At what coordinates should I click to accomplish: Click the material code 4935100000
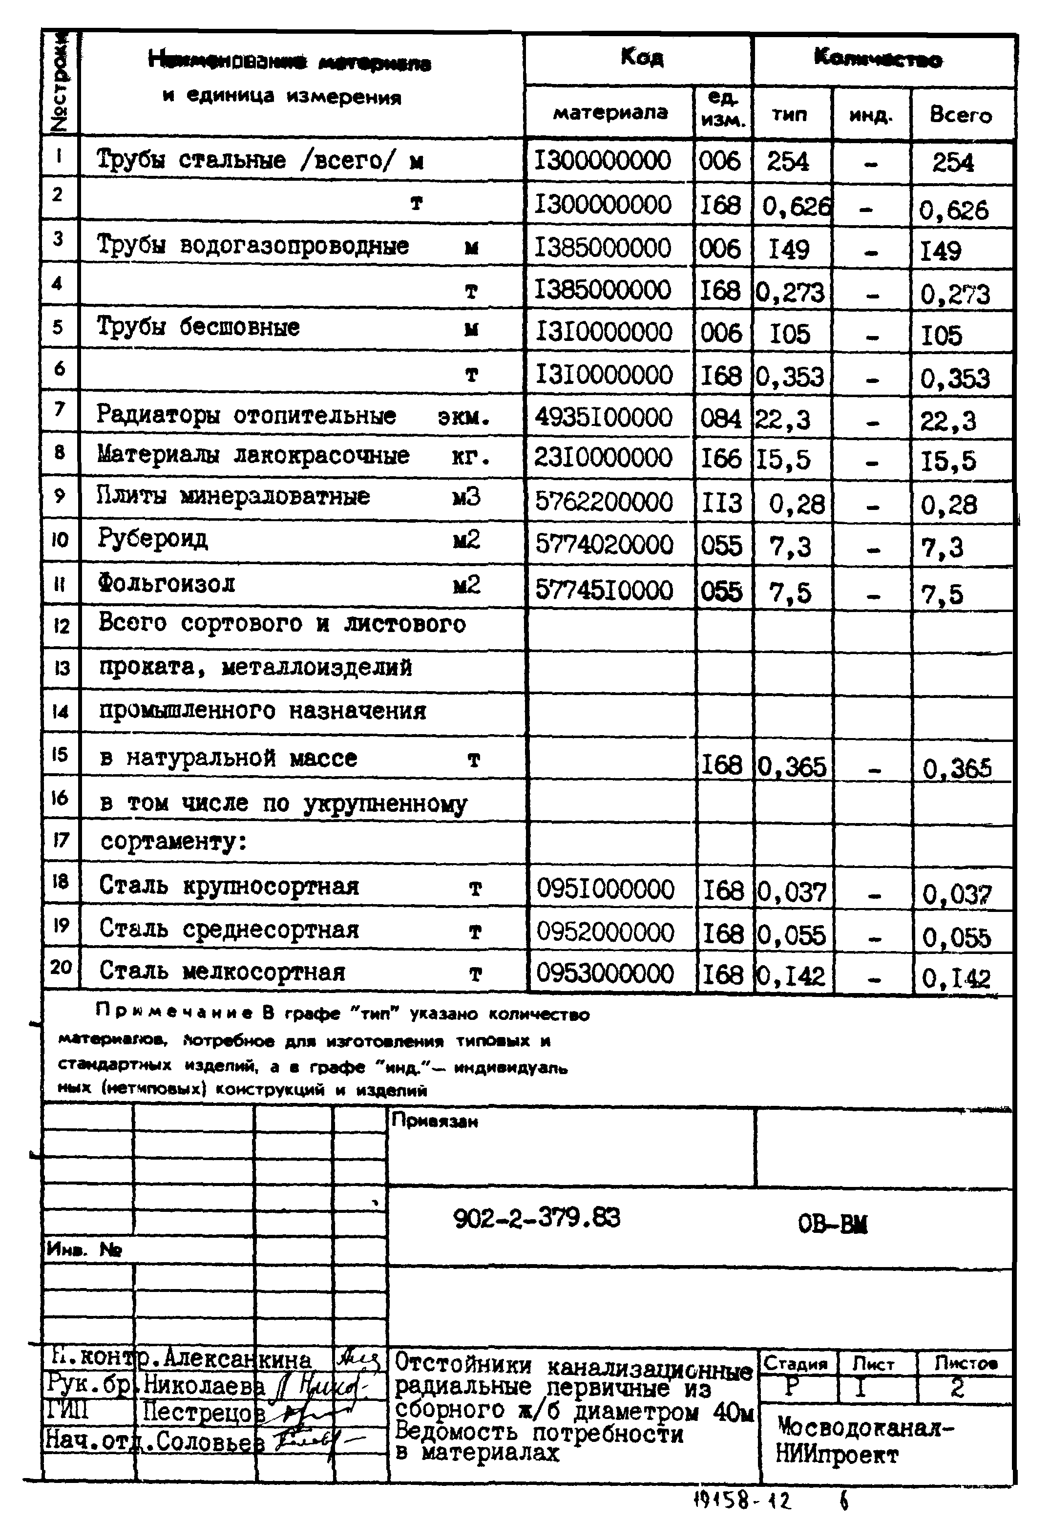tap(603, 417)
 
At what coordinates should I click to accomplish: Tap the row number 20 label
tap(61, 967)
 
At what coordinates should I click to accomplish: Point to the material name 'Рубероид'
tap(153, 539)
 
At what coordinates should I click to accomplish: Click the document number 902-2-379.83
tap(536, 1218)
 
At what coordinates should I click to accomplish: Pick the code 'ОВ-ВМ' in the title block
tap(832, 1224)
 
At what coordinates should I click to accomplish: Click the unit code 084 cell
tap(720, 419)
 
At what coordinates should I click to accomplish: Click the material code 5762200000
tap(603, 502)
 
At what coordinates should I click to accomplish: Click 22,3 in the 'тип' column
tap(782, 419)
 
